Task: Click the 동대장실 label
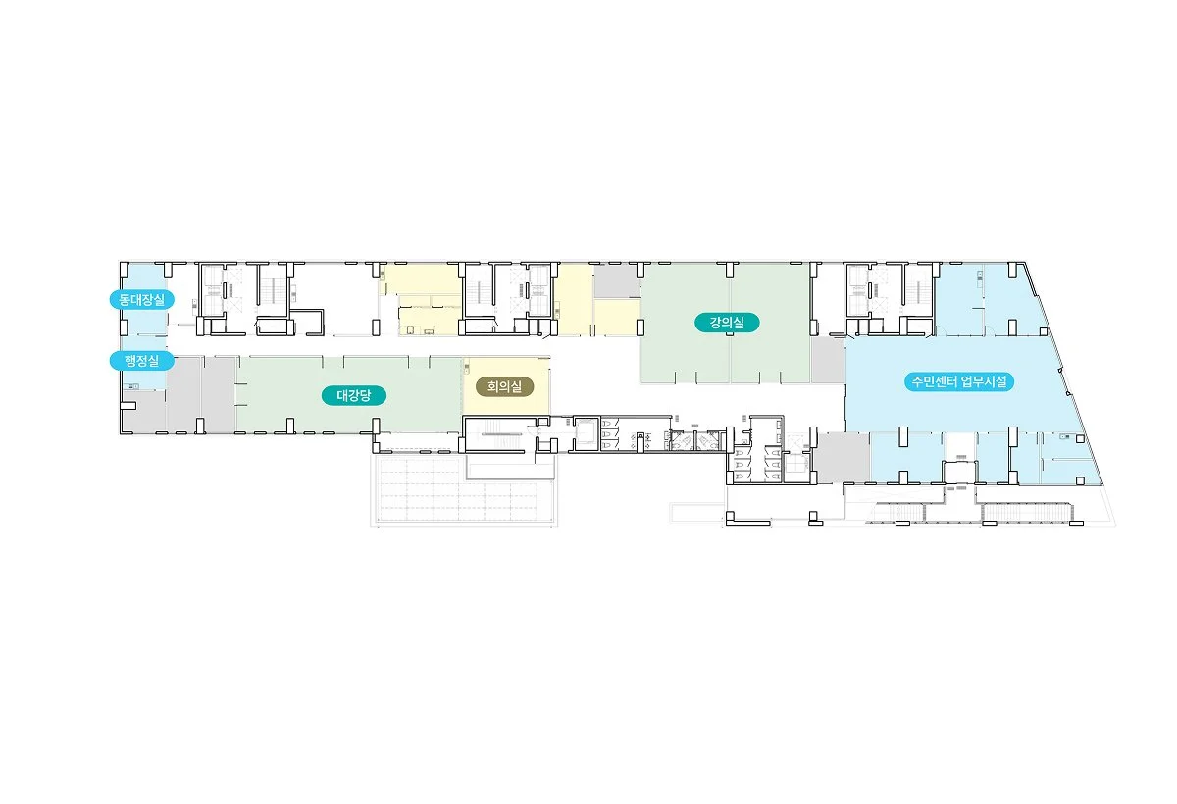tap(142, 300)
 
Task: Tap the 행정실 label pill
tap(142, 361)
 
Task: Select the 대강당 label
tap(354, 395)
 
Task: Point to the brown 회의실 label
tap(504, 387)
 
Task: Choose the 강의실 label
tap(727, 323)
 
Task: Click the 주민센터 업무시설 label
tap(959, 381)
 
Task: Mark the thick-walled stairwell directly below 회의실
tap(498, 433)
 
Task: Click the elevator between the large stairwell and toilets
tap(586, 433)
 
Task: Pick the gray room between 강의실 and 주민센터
tap(828, 360)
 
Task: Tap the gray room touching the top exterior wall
tap(617, 281)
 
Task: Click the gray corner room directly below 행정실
tap(143, 412)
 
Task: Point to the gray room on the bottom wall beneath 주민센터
tap(844, 458)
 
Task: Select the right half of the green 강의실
tap(770, 323)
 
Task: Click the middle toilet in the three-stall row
tap(606, 434)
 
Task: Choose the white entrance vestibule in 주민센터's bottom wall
tap(959, 471)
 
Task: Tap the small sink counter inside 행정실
tap(131, 386)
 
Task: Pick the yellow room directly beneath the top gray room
tap(617, 318)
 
